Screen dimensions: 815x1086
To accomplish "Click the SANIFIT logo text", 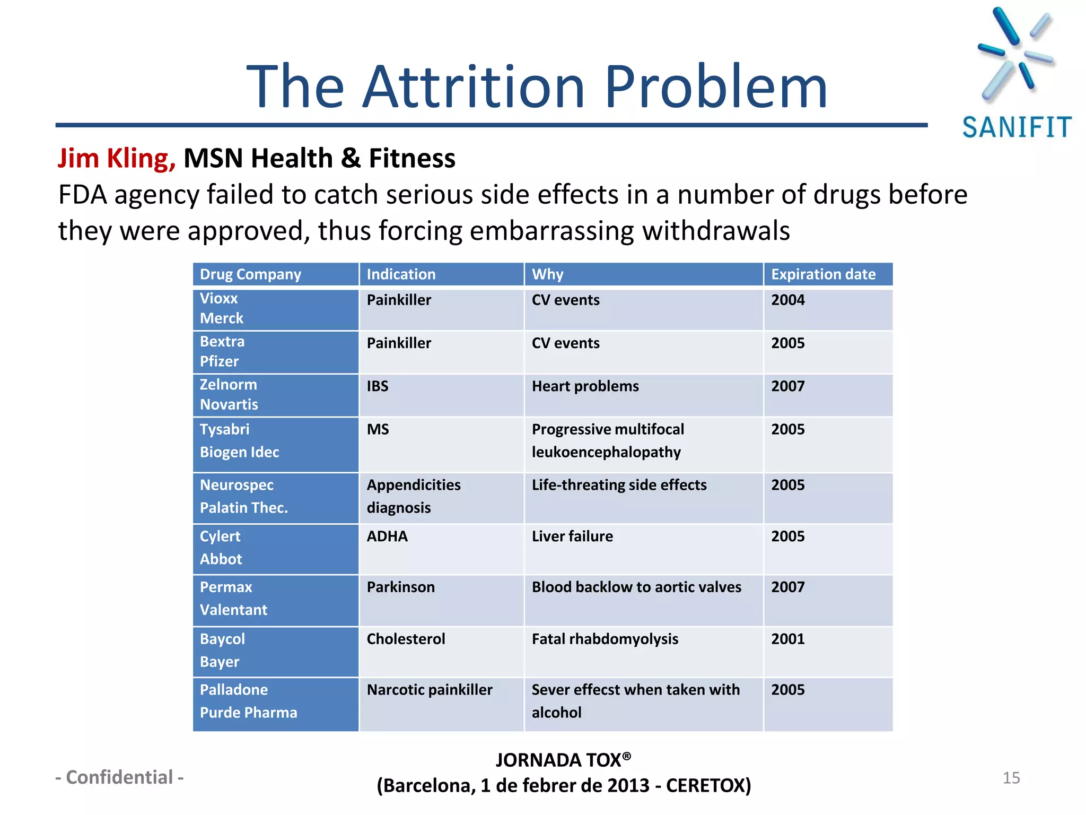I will pos(1017,127).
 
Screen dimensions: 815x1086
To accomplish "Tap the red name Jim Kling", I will pos(116,158).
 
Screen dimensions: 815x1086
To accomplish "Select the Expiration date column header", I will pos(823,274).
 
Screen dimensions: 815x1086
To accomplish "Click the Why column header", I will pos(547,274).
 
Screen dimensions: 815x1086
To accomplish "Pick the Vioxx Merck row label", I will pos(222,308).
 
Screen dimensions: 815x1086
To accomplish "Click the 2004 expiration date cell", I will pos(787,300).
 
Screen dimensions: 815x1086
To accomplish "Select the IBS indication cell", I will pos(378,386).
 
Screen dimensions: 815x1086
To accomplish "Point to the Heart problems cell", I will pos(585,386).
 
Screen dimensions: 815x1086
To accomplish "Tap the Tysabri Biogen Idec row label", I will pos(239,440).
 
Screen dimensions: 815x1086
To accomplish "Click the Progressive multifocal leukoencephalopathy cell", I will pos(608,440).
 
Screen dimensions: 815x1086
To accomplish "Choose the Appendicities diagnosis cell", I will pos(413,496).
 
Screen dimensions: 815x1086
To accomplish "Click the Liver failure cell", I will pos(572,536).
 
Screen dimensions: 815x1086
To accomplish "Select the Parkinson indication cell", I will pos(400,587).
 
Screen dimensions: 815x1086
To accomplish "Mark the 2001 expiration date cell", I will pos(787,638).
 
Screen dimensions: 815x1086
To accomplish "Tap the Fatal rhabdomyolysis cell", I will pos(605,638).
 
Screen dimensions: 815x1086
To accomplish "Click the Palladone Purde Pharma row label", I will pos(248,701).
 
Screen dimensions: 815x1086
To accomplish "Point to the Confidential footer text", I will pos(120,777).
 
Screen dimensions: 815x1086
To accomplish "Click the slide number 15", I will pos(1011,778).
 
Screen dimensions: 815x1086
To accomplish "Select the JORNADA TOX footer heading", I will pos(563,760).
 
